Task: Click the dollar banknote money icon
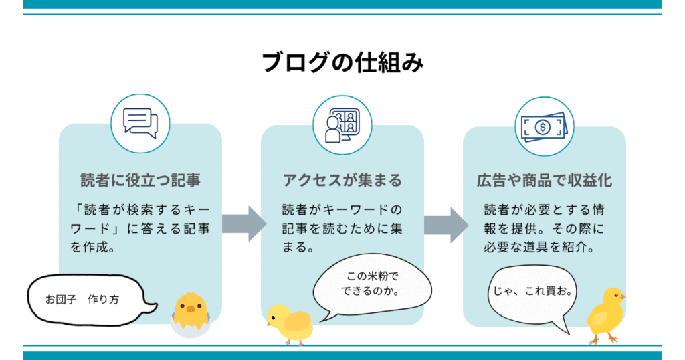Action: (x=543, y=125)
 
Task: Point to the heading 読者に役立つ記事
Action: (x=140, y=181)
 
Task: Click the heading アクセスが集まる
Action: (x=342, y=181)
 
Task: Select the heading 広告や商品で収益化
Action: (x=544, y=181)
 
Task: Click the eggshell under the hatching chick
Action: (x=189, y=327)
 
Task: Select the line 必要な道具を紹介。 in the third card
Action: (x=539, y=247)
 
